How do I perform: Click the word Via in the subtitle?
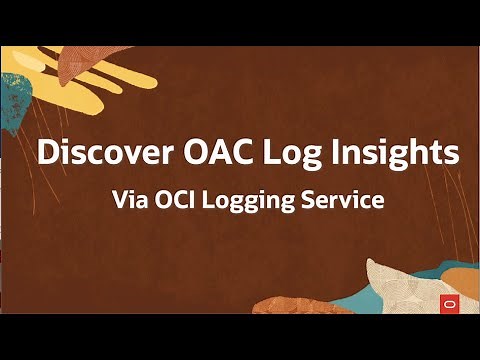tap(131, 199)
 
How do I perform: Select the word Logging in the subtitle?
tap(255, 200)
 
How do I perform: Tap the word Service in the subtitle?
tap(346, 199)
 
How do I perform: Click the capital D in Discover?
tap(46, 155)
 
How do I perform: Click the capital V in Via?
tap(122, 199)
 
